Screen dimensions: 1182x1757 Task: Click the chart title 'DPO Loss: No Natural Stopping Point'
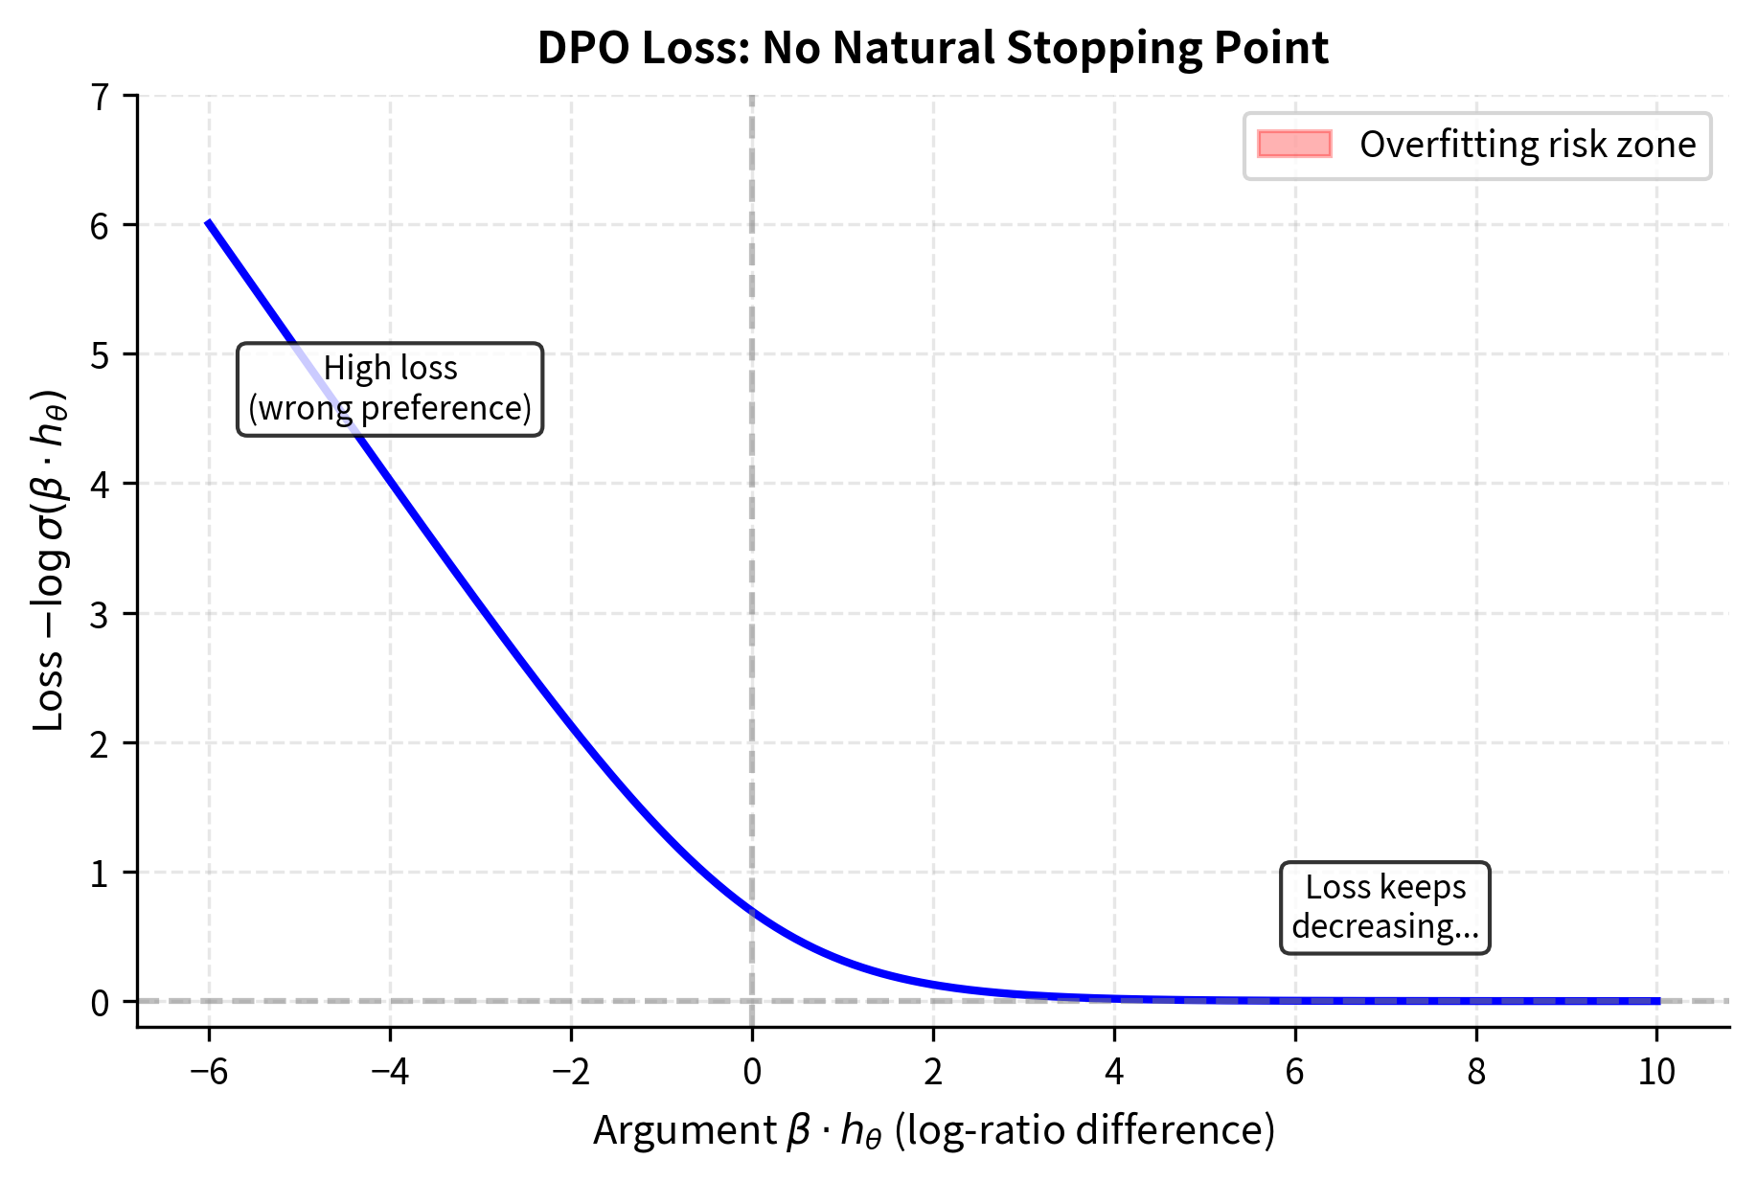click(932, 48)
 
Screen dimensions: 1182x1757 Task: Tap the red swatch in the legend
click(1294, 144)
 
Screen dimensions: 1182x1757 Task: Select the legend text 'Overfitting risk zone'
click(1527, 145)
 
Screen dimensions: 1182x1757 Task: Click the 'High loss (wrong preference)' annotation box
click(390, 389)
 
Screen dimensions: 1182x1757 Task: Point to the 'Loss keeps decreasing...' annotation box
click(1385, 907)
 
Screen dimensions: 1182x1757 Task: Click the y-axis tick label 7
click(100, 96)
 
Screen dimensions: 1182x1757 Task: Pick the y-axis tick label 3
click(100, 614)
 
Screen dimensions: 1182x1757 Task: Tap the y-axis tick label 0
click(100, 1003)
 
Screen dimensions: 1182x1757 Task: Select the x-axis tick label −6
click(208, 1071)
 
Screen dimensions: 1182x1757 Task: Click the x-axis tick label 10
click(1656, 1071)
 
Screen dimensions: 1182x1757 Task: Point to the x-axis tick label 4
click(1114, 1071)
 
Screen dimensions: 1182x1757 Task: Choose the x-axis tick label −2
click(570, 1071)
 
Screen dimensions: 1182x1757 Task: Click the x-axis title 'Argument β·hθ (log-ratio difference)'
click(934, 1130)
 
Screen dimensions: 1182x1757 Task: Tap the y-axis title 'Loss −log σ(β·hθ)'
click(50, 560)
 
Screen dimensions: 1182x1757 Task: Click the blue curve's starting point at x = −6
click(209, 222)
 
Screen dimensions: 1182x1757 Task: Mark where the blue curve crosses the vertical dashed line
click(752, 912)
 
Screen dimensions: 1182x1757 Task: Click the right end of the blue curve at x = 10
click(1656, 1000)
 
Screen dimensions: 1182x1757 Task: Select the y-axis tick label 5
click(100, 354)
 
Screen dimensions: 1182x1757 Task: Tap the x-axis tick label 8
click(1476, 1071)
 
